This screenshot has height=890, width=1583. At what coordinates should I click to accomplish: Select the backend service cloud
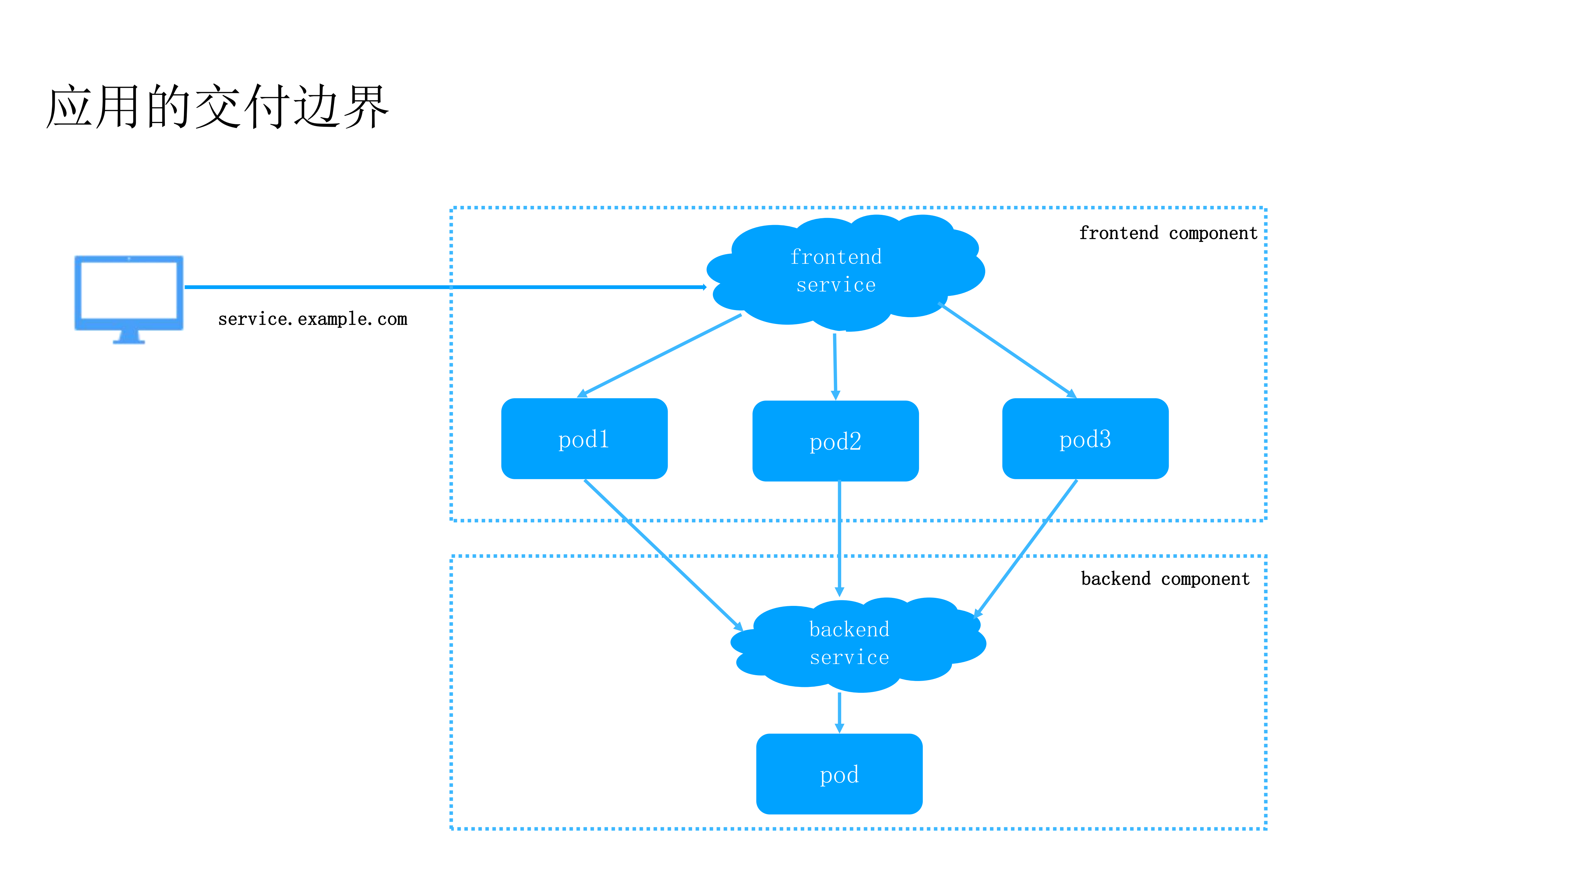pyautogui.click(x=854, y=644)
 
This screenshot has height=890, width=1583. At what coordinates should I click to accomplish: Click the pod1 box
pyautogui.click(x=584, y=439)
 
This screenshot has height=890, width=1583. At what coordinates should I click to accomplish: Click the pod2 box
pyautogui.click(x=835, y=441)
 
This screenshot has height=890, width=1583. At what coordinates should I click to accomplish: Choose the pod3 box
pyautogui.click(x=1085, y=439)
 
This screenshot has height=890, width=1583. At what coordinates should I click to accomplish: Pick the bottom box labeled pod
pyautogui.click(x=839, y=774)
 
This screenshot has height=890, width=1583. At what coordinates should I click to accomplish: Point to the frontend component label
pyautogui.click(x=1168, y=233)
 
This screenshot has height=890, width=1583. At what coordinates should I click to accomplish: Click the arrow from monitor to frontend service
pyautogui.click(x=443, y=287)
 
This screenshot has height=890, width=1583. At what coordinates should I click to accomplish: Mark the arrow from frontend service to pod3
pyautogui.click(x=1008, y=350)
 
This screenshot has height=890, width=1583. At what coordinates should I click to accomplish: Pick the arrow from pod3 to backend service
pyautogui.click(x=1026, y=548)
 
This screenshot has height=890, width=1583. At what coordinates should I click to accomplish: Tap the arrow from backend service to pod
pyautogui.click(x=840, y=713)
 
